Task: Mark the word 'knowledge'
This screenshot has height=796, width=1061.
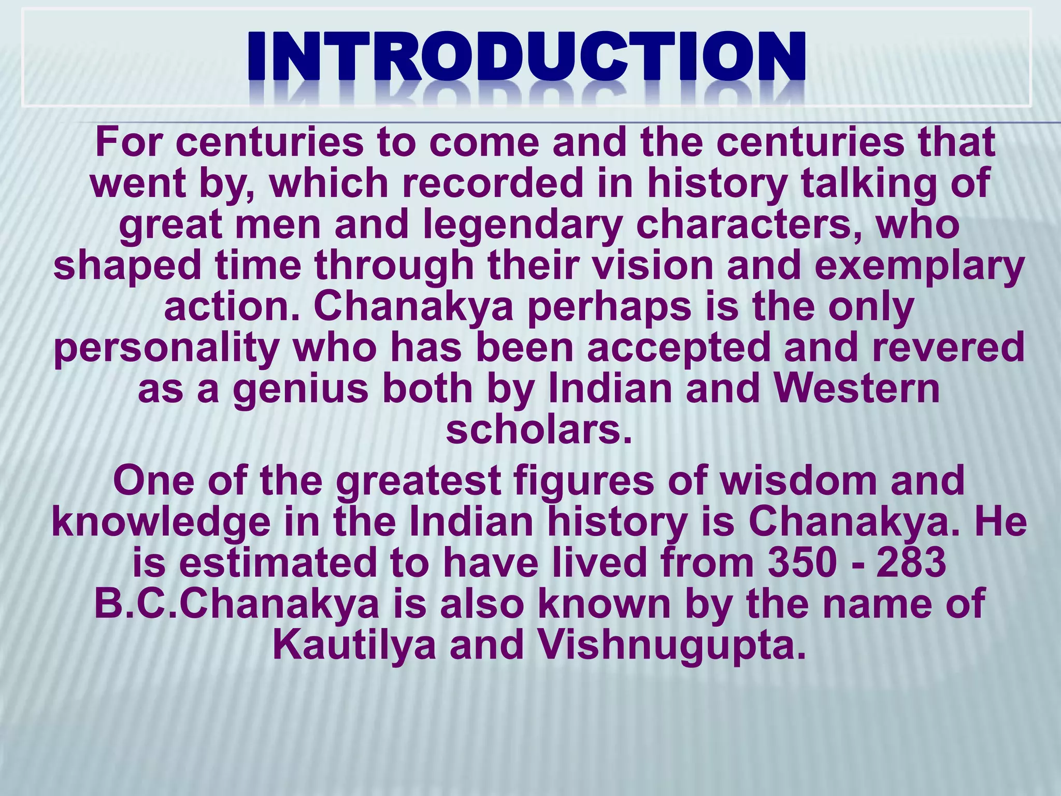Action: click(x=161, y=523)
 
